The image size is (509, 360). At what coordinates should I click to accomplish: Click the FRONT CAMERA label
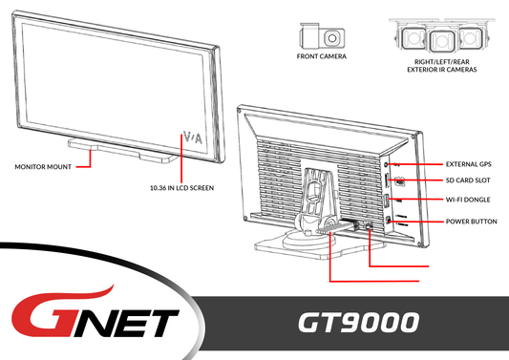pyautogui.click(x=321, y=56)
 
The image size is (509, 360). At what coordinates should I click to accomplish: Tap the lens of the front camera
pyautogui.click(x=331, y=37)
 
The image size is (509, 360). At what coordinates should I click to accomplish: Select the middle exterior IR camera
pyautogui.click(x=439, y=40)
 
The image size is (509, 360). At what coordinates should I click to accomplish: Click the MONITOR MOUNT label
pyautogui.click(x=43, y=166)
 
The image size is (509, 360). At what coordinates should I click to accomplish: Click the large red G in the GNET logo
pyautogui.click(x=38, y=318)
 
